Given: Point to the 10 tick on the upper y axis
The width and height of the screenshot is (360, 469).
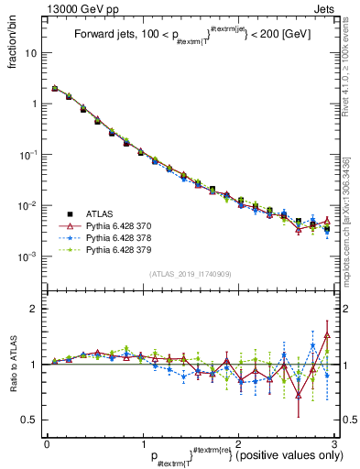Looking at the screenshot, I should coord(35,53).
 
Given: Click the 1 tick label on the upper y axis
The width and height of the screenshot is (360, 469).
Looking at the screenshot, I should coord(38,104).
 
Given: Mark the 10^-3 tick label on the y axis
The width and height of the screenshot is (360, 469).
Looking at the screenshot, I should coord(32,256).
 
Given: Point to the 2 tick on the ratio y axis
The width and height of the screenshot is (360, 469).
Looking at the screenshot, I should coord(38,309).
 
